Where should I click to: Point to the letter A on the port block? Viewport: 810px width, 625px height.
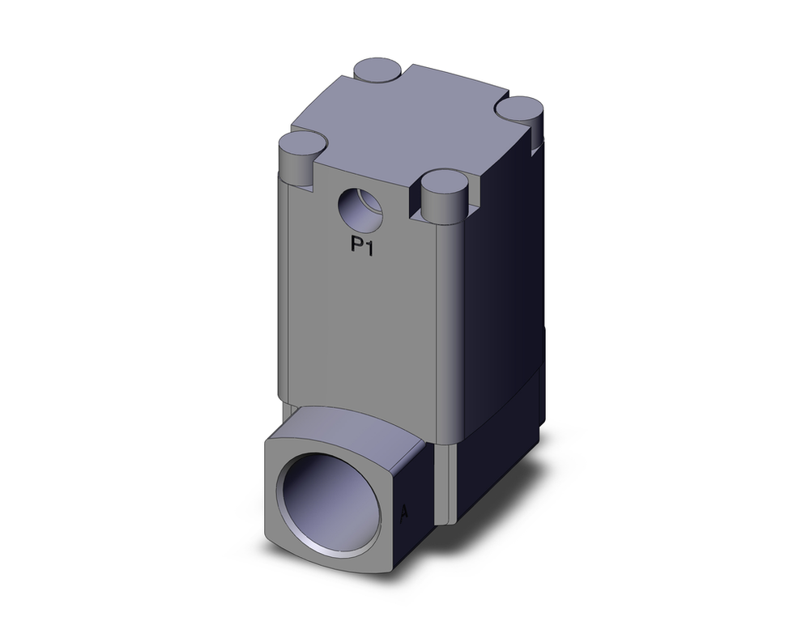[404, 512]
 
